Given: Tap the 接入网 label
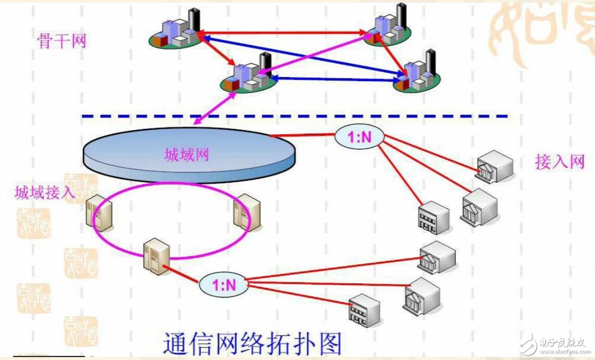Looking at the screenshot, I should tap(560, 162).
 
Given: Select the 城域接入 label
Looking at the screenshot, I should tap(45, 192).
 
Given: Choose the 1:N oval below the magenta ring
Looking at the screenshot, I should tap(223, 284).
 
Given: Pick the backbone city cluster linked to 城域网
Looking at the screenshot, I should tap(247, 75).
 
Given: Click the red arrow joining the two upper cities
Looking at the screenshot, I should tap(284, 33).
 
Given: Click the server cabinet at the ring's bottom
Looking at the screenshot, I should tap(158, 256).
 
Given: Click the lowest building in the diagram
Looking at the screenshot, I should tap(364, 310).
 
